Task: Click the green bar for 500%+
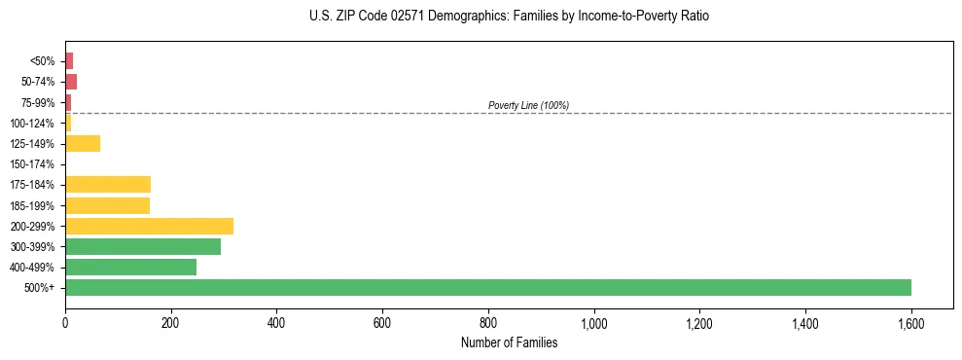(x=486, y=287)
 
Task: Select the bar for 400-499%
(x=130, y=267)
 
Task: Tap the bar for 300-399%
(x=143, y=246)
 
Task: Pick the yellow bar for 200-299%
(x=149, y=226)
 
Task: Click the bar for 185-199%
(x=107, y=205)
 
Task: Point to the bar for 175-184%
(x=108, y=185)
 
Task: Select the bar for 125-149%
(x=83, y=144)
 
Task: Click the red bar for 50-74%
(x=71, y=82)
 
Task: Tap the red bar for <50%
(x=69, y=61)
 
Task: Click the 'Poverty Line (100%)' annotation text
(x=528, y=105)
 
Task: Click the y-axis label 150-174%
(x=32, y=164)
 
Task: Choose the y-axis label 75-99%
(x=38, y=102)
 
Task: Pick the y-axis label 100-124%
(x=32, y=124)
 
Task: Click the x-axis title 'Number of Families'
(x=509, y=342)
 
